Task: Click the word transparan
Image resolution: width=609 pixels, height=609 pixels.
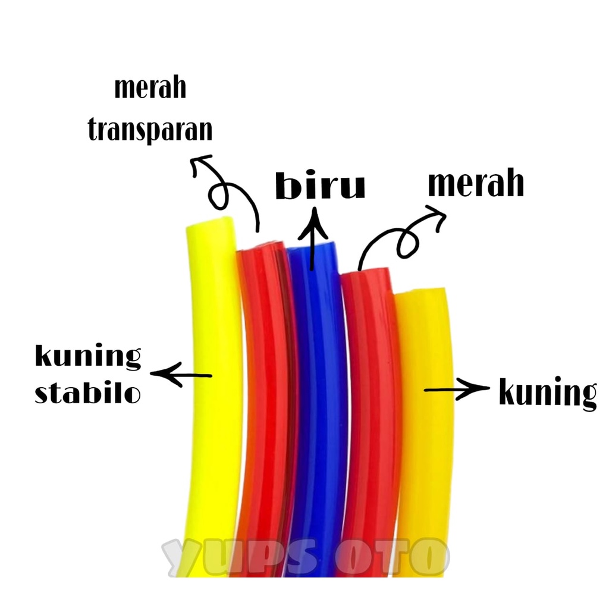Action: [150, 129]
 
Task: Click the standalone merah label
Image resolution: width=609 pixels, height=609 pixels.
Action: [476, 184]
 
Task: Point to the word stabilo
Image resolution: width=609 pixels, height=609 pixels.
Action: [88, 393]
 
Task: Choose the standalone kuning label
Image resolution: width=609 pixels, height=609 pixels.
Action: [547, 393]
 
